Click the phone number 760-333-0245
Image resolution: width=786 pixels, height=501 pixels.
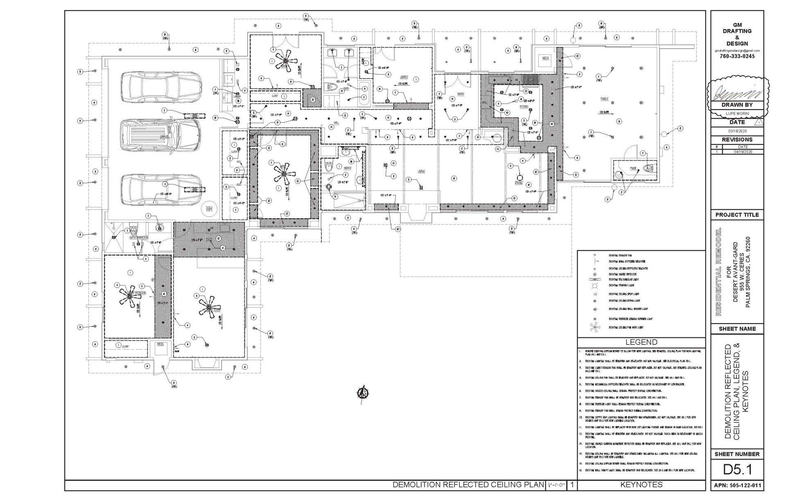(737, 56)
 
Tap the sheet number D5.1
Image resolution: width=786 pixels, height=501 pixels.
(737, 470)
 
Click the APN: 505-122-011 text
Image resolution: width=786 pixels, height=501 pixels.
(737, 486)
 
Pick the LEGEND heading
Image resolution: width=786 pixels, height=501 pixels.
(641, 342)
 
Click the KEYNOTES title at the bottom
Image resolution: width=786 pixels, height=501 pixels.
(641, 485)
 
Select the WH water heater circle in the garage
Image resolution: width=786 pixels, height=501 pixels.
(210, 209)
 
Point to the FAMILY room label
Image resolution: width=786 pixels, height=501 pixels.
(604, 99)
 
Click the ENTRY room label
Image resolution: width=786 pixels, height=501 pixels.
(461, 94)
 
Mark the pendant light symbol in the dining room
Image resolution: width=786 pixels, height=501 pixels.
(519, 178)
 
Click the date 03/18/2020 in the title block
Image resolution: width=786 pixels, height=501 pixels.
(737, 130)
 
